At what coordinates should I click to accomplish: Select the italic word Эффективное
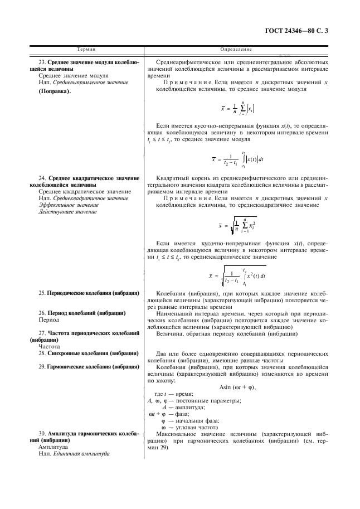click(x=61, y=205)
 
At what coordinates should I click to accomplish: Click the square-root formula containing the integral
click(x=237, y=275)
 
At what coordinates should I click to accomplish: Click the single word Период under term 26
click(x=48, y=321)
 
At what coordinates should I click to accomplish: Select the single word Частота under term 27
click(x=50, y=346)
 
